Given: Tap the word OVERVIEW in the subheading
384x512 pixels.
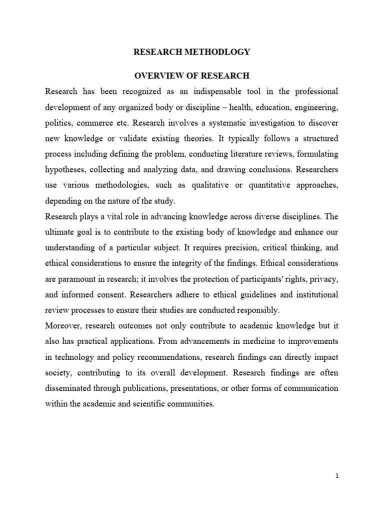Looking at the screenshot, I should click(153, 75).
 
